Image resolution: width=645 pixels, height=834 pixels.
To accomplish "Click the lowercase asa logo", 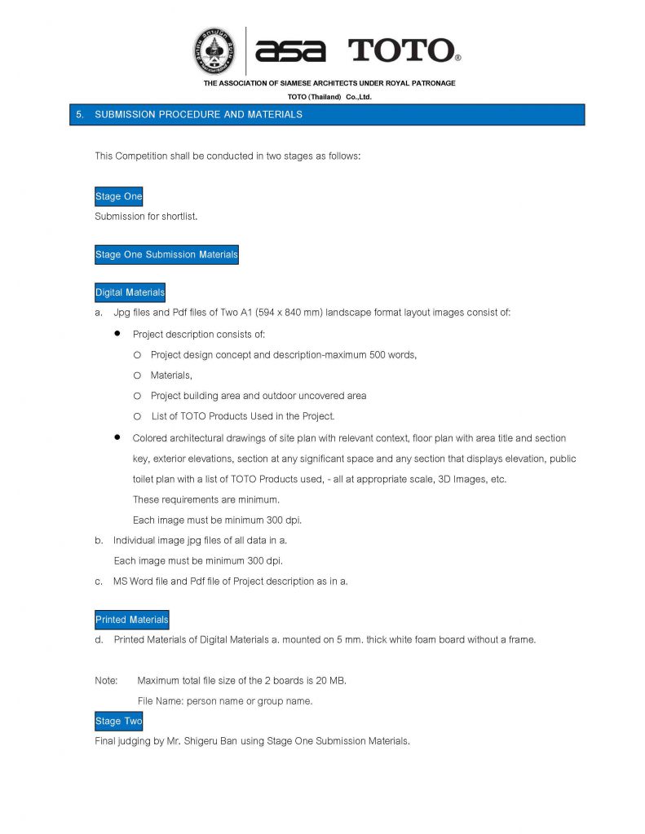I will (289, 50).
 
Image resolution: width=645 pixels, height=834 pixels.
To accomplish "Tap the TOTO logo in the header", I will (404, 50).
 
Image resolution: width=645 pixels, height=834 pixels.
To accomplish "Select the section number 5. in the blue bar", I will (80, 115).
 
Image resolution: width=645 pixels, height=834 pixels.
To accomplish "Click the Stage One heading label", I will (119, 196).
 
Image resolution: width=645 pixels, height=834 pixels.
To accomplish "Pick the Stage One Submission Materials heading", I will (166, 255).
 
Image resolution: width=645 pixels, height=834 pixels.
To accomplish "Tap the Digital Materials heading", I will (130, 292).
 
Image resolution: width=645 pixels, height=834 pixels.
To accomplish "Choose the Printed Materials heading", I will (132, 620).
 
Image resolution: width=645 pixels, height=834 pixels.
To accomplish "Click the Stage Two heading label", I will (119, 722).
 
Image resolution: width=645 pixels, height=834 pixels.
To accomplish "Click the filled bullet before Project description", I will (117, 334).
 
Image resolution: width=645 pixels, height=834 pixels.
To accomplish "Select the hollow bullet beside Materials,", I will (137, 375).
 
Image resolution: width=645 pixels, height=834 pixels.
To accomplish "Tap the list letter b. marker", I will (99, 540).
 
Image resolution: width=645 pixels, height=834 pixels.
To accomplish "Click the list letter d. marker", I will (99, 640).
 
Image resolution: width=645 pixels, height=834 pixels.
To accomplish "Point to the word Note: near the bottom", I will (107, 680).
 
